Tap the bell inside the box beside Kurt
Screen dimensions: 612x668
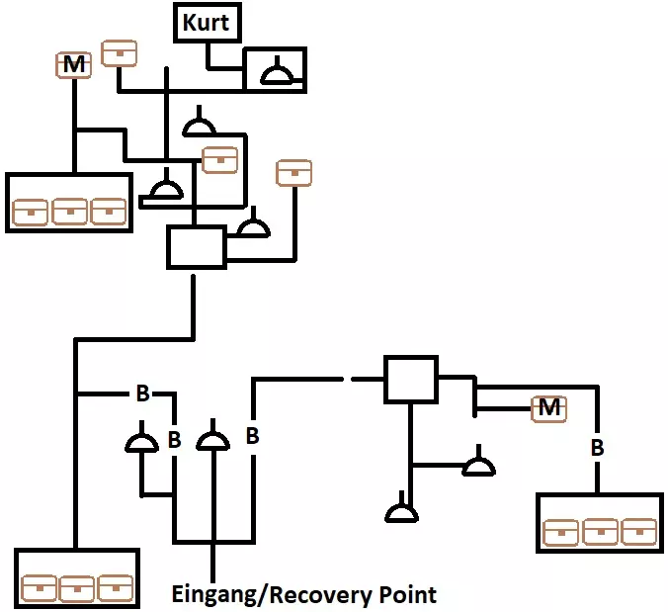(x=275, y=72)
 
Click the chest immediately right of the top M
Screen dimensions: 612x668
(x=120, y=52)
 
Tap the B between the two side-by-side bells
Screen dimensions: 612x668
(x=174, y=439)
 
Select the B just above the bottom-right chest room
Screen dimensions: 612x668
(x=597, y=448)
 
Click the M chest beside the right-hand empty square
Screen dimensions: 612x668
(x=549, y=407)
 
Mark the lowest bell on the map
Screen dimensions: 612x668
(x=401, y=512)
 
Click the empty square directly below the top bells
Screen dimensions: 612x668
(x=195, y=246)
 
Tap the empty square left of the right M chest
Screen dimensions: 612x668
(x=409, y=380)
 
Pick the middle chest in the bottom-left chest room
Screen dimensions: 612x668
(x=77, y=587)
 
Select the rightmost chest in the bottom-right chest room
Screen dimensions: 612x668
(x=639, y=532)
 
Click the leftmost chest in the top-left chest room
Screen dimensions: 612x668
(x=30, y=212)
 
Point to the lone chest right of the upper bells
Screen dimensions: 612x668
(x=293, y=172)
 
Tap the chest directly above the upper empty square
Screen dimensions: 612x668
(x=219, y=158)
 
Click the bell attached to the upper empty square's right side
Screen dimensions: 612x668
(x=254, y=226)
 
